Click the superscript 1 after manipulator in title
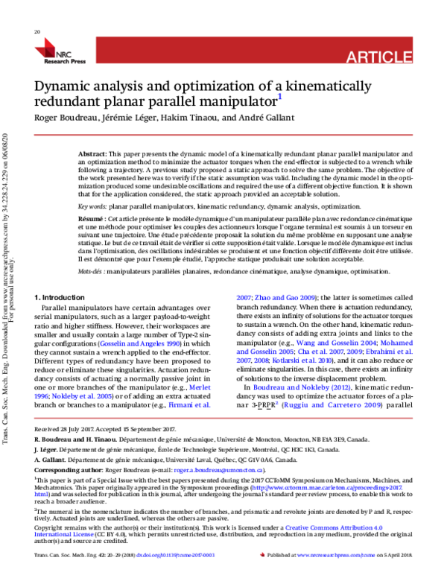click(x=279, y=95)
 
